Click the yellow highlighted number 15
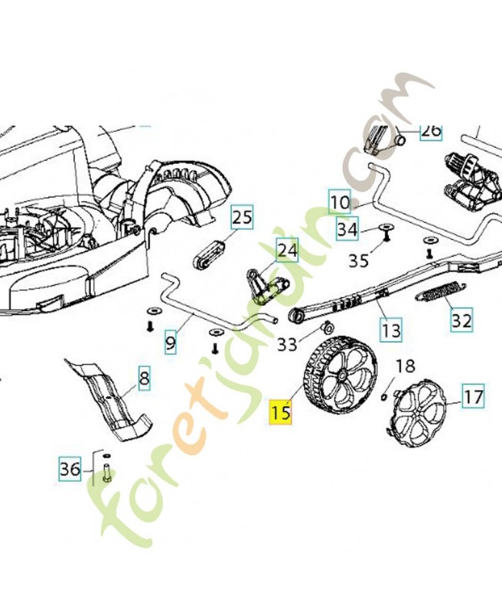(x=280, y=412)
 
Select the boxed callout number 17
(x=473, y=396)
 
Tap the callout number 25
(x=242, y=217)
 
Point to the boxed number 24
(x=287, y=250)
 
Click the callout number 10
(x=340, y=203)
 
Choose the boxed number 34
(x=348, y=229)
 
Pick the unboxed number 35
(x=359, y=259)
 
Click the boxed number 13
(x=391, y=330)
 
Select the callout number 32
(x=461, y=320)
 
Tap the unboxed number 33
(x=287, y=345)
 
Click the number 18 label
(x=405, y=367)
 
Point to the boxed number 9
(x=170, y=343)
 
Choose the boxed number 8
(x=145, y=378)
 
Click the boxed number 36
(x=70, y=469)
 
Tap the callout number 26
(x=430, y=130)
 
